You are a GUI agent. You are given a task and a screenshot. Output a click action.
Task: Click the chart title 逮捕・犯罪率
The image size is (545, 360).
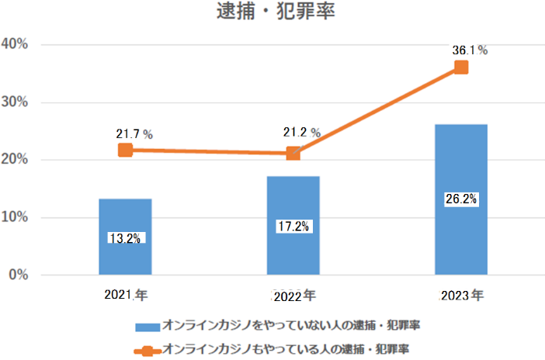pos(272,14)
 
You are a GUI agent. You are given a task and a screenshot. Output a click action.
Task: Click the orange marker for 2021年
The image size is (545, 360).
pos(125,150)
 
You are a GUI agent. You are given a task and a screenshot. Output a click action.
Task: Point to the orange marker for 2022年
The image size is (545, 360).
pos(293,154)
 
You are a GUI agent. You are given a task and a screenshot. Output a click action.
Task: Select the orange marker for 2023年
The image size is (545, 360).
pos(461,67)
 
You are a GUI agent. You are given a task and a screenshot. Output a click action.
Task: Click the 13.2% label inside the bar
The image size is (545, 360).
pos(125,238)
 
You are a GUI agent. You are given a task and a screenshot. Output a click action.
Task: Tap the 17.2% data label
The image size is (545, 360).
pos(293,227)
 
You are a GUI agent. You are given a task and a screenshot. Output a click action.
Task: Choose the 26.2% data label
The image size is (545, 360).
pos(461,199)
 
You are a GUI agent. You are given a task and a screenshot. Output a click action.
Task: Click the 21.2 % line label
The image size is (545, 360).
pos(302,133)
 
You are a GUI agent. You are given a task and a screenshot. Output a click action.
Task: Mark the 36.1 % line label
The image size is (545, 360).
pos(470,50)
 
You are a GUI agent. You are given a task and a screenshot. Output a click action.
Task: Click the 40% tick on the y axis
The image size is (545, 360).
pos(16,44)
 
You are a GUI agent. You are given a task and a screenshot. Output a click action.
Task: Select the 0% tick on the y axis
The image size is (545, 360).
pos(19,275)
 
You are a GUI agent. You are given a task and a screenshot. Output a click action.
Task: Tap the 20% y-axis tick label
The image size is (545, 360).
pos(16,160)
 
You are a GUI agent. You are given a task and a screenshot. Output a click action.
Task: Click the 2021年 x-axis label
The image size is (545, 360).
pos(126,296)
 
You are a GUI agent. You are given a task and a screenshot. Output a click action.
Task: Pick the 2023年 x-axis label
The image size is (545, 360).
pos(461,296)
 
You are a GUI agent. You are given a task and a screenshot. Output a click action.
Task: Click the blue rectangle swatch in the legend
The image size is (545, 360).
pos(147,324)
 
